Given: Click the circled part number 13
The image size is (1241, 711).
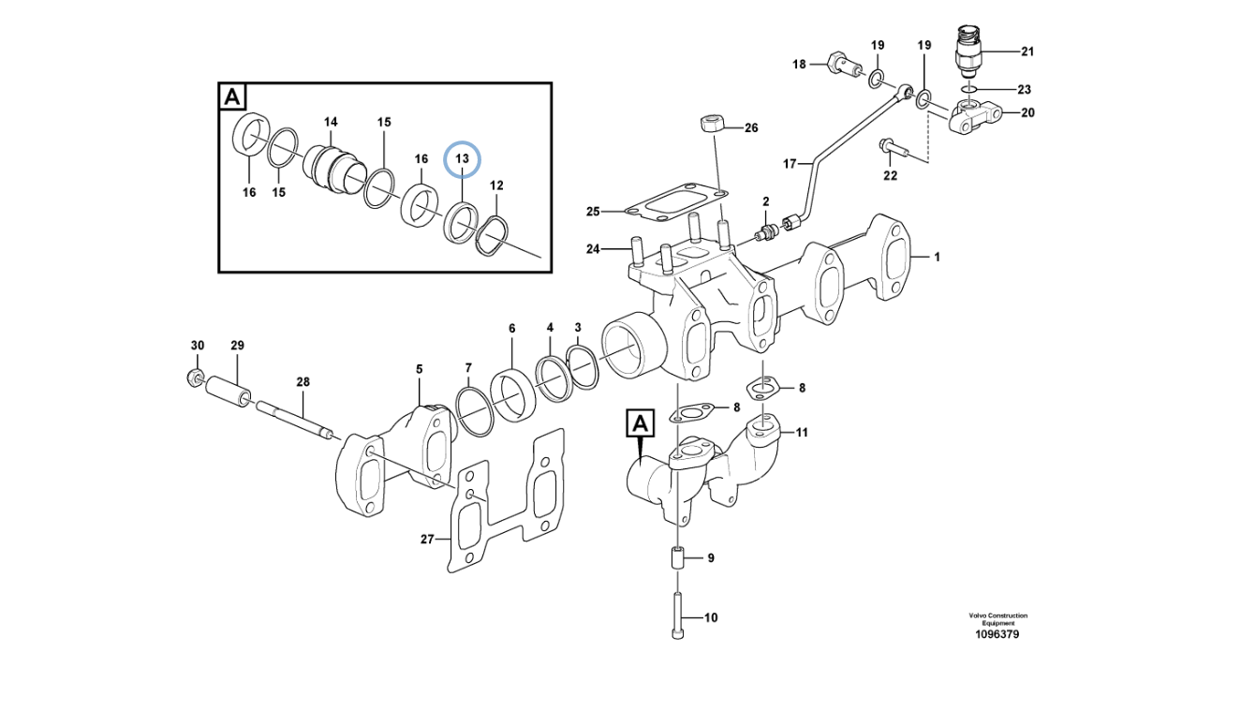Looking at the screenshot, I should coord(462,159).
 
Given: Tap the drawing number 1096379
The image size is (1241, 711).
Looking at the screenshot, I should coord(997,634).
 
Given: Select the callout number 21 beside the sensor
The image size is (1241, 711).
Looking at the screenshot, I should coord(1027,51).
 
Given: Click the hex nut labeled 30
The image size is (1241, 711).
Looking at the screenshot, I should coord(193,378).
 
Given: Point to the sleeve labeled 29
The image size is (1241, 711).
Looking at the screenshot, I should coord(229,389).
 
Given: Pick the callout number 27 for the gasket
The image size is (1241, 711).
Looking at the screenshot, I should coord(427,539).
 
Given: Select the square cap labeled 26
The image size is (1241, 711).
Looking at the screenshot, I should coord(711,123).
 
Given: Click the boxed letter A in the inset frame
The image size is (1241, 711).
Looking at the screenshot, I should coord(232,96).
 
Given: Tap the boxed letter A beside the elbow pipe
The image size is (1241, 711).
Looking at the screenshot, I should coord(640,424).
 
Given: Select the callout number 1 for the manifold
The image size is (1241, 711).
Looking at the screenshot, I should coord(937,256).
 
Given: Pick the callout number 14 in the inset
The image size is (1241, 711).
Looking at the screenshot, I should coord(331,123).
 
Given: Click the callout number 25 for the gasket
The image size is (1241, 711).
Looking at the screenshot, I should coord(593,212).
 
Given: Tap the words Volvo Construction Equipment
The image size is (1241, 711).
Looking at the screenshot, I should coord(997,618).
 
